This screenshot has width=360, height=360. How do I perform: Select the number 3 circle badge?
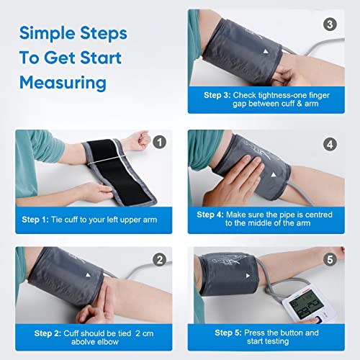point(330,24)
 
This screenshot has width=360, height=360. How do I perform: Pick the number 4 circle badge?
point(330,143)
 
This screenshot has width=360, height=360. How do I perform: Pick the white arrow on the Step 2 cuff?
point(89,274)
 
